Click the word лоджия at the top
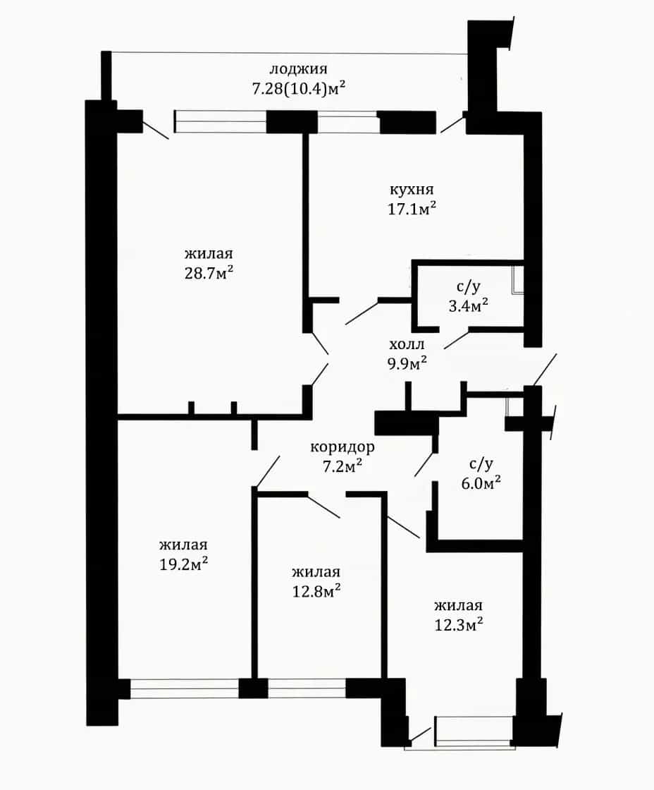pyautogui.click(x=299, y=69)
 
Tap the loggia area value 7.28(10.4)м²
pyautogui.click(x=299, y=89)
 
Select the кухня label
pyautogui.click(x=412, y=190)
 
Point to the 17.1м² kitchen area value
pyautogui.click(x=412, y=208)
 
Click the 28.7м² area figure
pyautogui.click(x=209, y=272)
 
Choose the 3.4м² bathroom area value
pyautogui.click(x=468, y=305)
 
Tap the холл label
pyautogui.click(x=407, y=345)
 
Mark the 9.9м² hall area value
pyautogui.click(x=407, y=363)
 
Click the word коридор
pyautogui.click(x=343, y=446)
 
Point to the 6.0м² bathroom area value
pyautogui.click(x=481, y=482)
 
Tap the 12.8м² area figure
pyautogui.click(x=316, y=590)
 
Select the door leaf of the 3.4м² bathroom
pyautogui.click(x=457, y=339)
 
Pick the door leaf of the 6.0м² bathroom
pyautogui.click(x=424, y=464)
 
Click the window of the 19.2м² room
pyautogui.click(x=184, y=688)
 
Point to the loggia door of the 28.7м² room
pyautogui.click(x=156, y=126)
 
